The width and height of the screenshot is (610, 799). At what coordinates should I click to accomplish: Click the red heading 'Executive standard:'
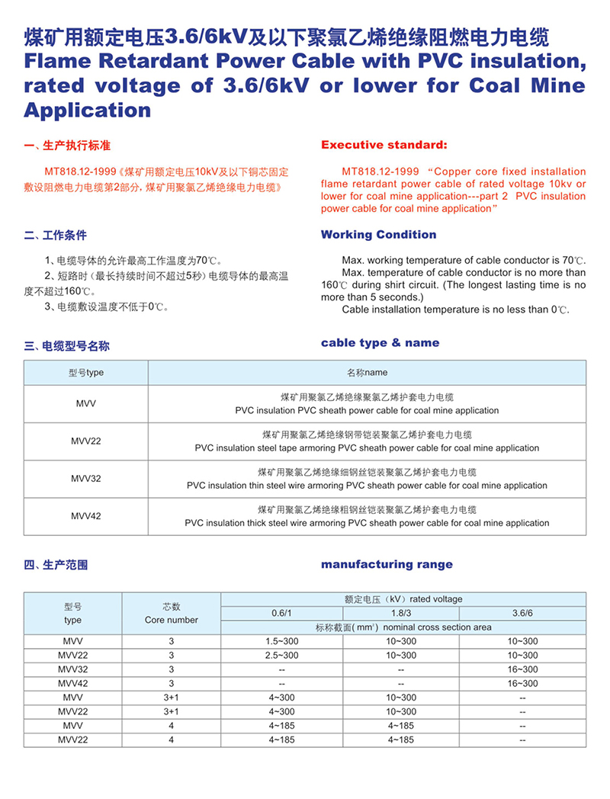384,145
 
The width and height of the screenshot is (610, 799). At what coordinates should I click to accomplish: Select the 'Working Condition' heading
378,235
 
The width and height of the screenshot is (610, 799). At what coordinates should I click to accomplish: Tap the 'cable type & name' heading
380,343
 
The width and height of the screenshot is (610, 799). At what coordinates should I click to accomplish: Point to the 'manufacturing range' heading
387,565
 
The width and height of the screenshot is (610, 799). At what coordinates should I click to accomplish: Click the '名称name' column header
367,373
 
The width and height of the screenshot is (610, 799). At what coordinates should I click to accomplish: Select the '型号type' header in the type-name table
86,373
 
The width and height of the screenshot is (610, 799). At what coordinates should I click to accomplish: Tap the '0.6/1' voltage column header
281,613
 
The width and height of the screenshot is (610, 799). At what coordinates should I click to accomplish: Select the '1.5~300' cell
281,641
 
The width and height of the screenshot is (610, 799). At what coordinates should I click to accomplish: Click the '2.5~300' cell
281,655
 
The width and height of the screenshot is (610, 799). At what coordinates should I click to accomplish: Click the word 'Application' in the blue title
88,111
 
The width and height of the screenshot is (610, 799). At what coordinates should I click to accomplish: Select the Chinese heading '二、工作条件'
56,235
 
